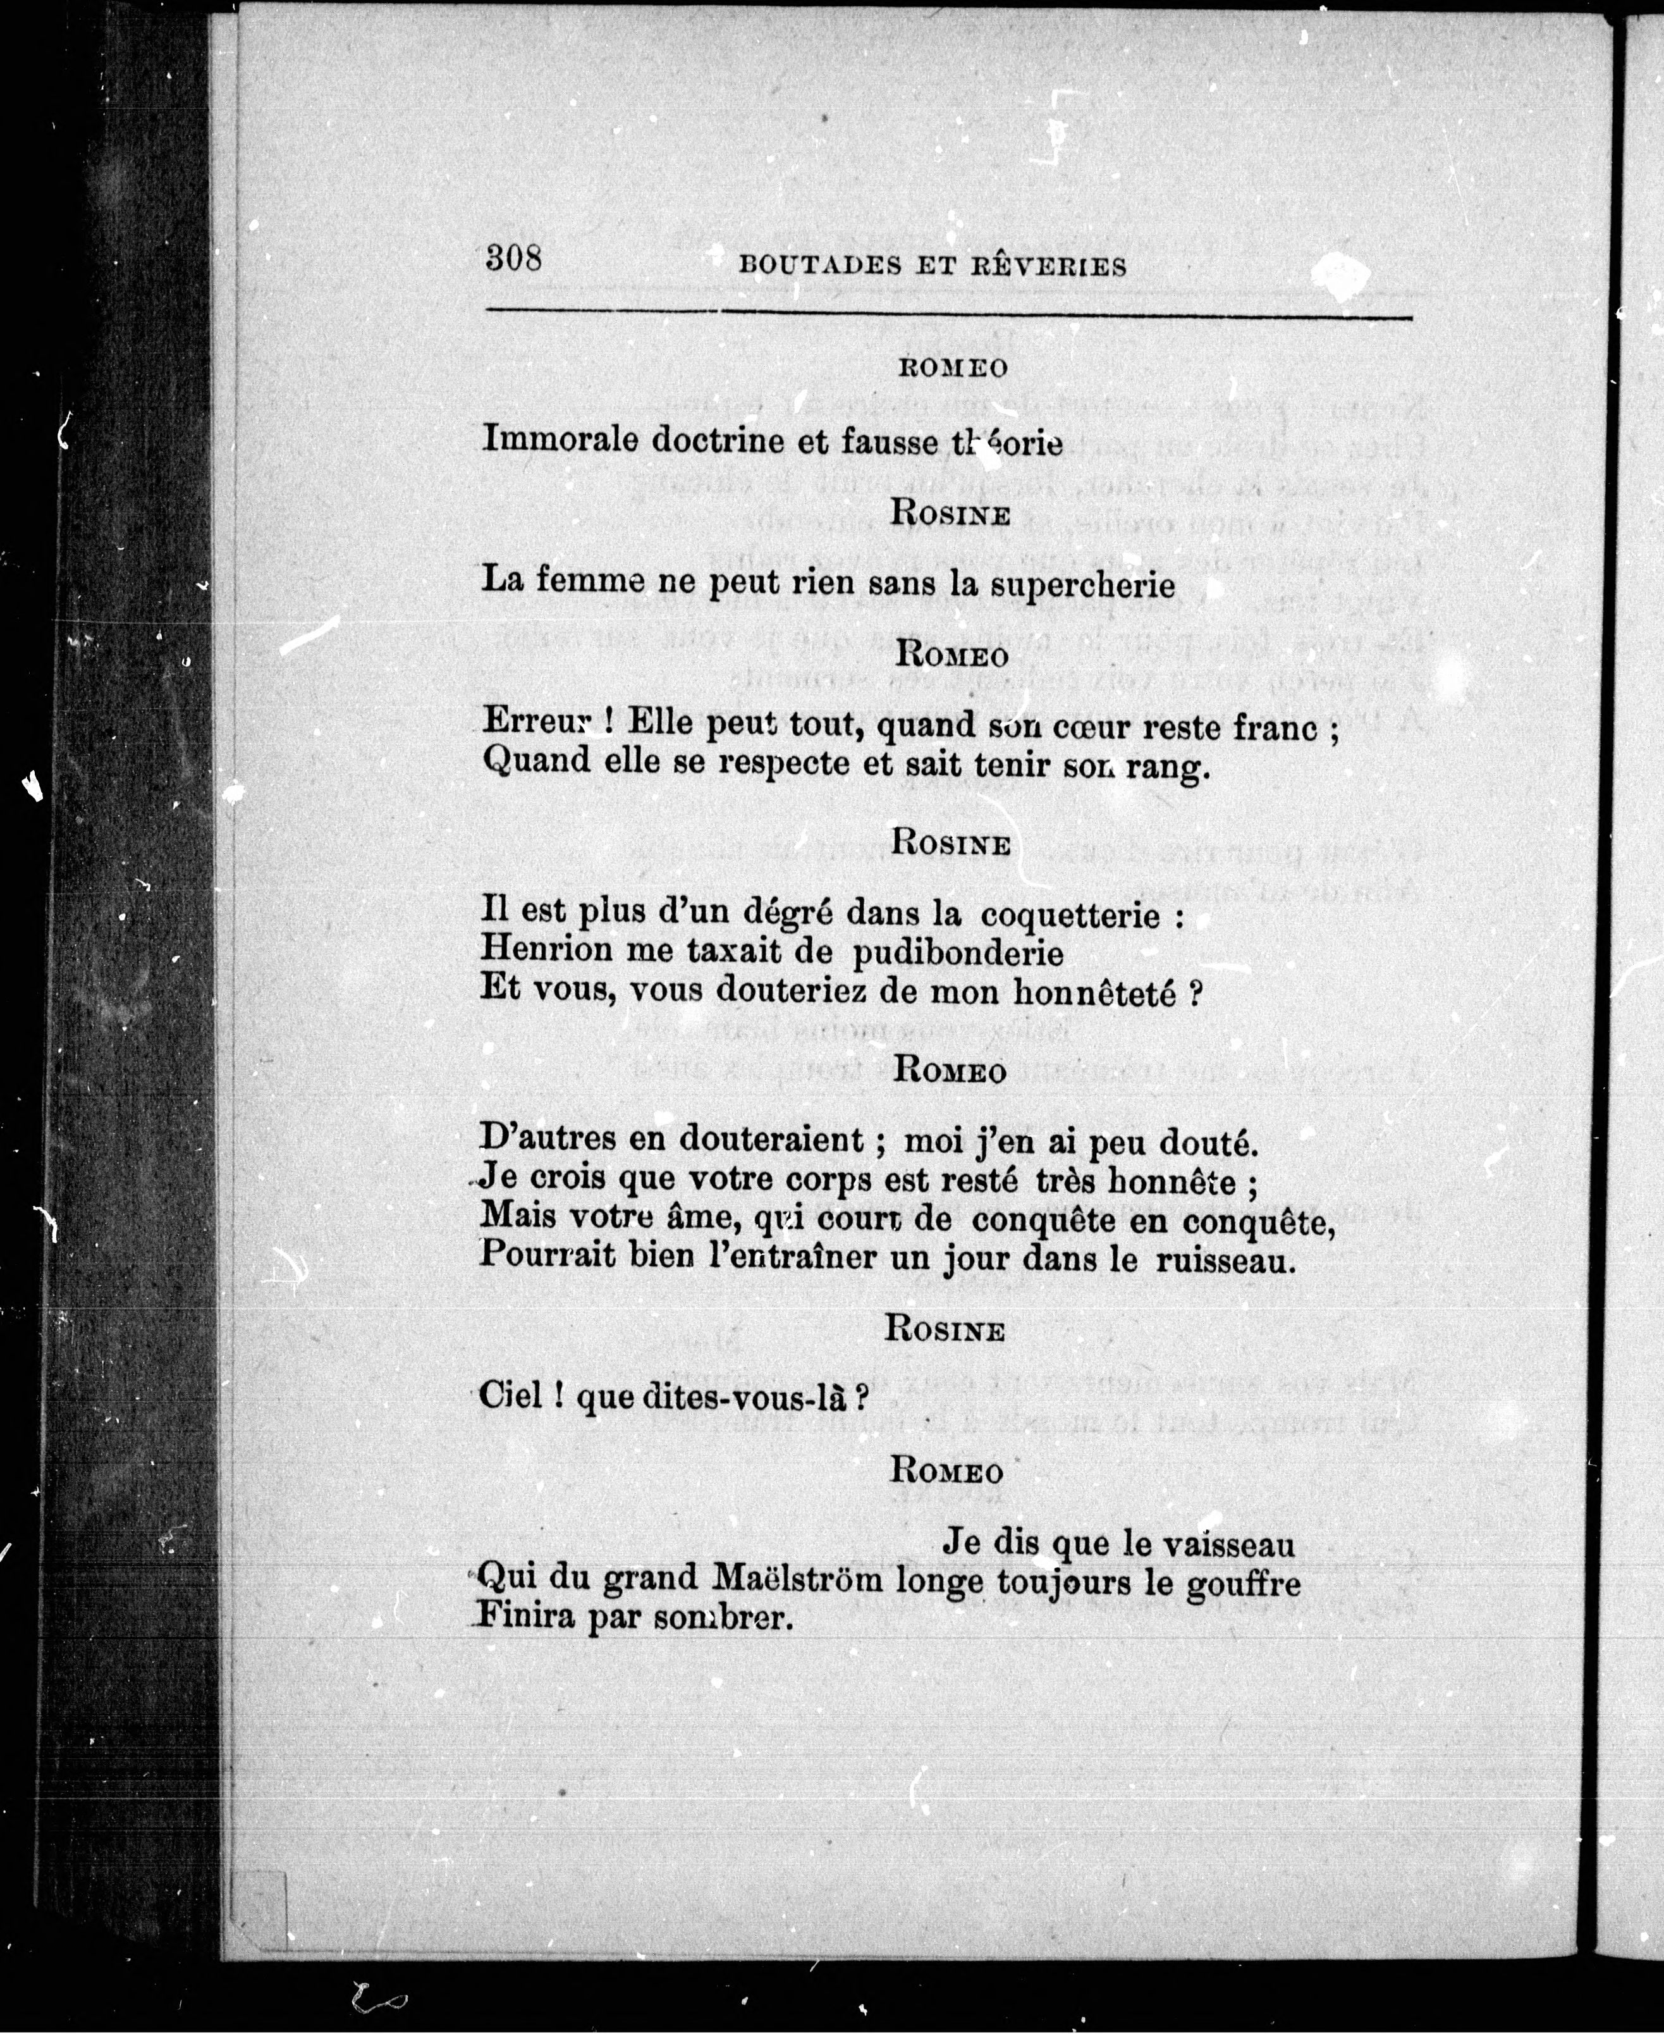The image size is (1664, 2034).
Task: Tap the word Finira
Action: (524, 1617)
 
